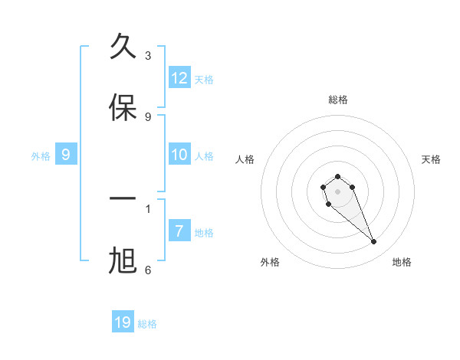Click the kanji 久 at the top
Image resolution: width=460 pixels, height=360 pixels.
pos(123,47)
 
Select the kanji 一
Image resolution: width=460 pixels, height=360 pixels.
pos(123,200)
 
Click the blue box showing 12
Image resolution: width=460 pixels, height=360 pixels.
pos(179,77)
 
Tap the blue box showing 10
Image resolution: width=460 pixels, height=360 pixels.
pos(179,155)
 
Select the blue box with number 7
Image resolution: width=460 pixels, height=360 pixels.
pos(179,231)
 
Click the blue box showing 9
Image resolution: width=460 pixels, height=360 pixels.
pos(66,155)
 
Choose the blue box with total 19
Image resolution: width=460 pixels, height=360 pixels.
pos(123,322)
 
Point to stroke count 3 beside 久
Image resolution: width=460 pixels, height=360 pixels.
pos(148,55)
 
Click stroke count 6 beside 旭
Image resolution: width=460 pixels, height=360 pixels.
pos(148,270)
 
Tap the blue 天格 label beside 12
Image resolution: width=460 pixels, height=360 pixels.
pos(204,79)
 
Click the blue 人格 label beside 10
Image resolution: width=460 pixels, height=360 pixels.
pos(204,155)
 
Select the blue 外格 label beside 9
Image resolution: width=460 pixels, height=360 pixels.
pos(41,155)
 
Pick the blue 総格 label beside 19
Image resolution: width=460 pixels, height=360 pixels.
pos(147,324)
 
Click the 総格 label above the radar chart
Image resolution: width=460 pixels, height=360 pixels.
pos(338,100)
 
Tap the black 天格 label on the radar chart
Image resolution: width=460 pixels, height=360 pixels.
pos(431,159)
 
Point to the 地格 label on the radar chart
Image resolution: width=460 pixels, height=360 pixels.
pos(402,262)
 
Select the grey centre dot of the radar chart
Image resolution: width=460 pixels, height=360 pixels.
pos(337,191)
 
